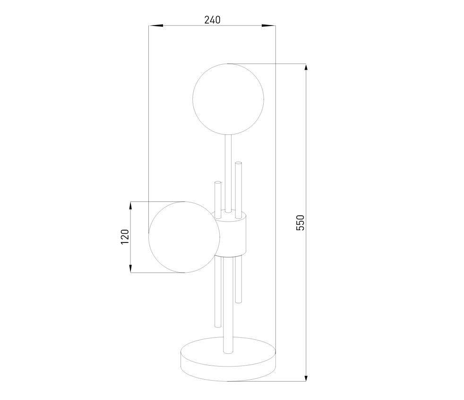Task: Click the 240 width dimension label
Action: click(212, 20)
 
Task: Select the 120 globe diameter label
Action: click(125, 237)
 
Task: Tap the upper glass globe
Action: click(228, 99)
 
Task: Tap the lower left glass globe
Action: click(184, 237)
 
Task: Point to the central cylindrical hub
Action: click(230, 233)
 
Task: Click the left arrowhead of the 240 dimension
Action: click(156, 26)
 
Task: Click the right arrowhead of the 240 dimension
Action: click(269, 26)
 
